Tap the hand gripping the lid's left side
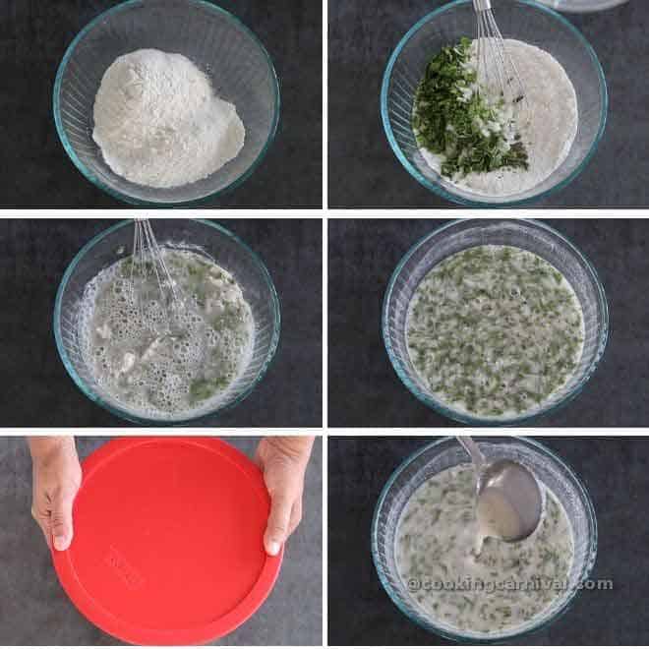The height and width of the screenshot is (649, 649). point(54,487)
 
